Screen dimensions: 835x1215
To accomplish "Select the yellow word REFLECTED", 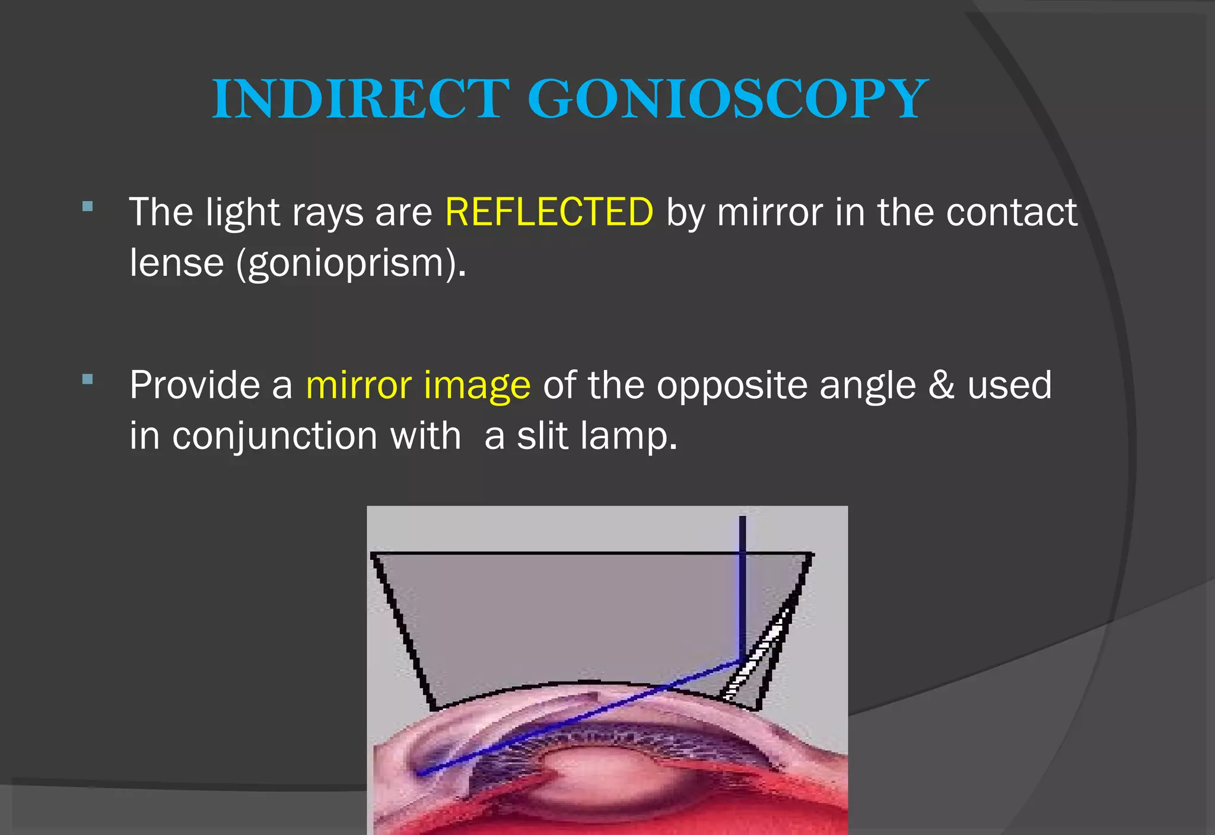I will (x=549, y=212).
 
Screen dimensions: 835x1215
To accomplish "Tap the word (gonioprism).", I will (x=351, y=263).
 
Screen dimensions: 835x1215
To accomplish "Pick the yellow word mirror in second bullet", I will (x=358, y=385).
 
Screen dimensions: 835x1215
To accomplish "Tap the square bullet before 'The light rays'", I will (x=88, y=206).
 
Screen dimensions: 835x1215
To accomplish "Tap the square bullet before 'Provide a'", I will (x=88, y=380).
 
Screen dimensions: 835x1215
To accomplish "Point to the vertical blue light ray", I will (x=742, y=587).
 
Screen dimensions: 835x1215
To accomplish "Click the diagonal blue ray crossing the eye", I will (x=581, y=718).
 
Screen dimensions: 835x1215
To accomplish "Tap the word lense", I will (x=177, y=263).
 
